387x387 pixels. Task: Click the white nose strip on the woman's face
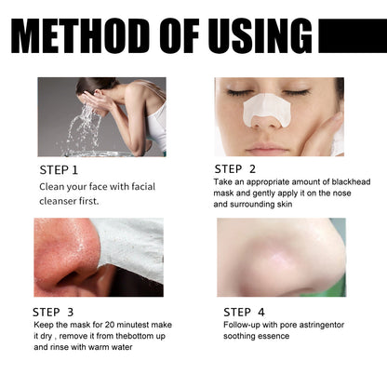pyautogui.click(x=267, y=111)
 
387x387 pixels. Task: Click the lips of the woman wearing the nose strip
pyautogui.click(x=268, y=148)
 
